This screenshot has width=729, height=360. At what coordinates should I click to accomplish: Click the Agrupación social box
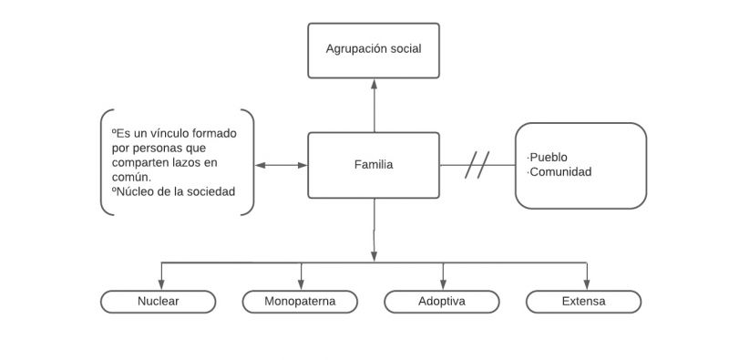point(374,49)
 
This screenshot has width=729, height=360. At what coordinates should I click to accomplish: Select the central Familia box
point(374,165)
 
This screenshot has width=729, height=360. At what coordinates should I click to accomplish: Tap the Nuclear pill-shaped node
point(158,302)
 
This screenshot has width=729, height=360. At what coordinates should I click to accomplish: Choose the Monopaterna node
point(300,302)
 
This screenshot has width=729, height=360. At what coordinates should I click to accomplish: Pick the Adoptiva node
point(442,302)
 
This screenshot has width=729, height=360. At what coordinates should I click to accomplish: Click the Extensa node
point(584,302)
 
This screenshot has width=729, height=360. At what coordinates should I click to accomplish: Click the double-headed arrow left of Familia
point(282,166)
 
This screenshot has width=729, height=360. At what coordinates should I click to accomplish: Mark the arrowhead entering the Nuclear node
point(161,283)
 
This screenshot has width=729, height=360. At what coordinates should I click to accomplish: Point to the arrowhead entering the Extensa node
point(587,283)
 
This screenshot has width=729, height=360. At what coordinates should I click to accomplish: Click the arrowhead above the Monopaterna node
point(302,283)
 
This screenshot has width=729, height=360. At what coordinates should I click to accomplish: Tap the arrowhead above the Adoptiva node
point(444,283)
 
